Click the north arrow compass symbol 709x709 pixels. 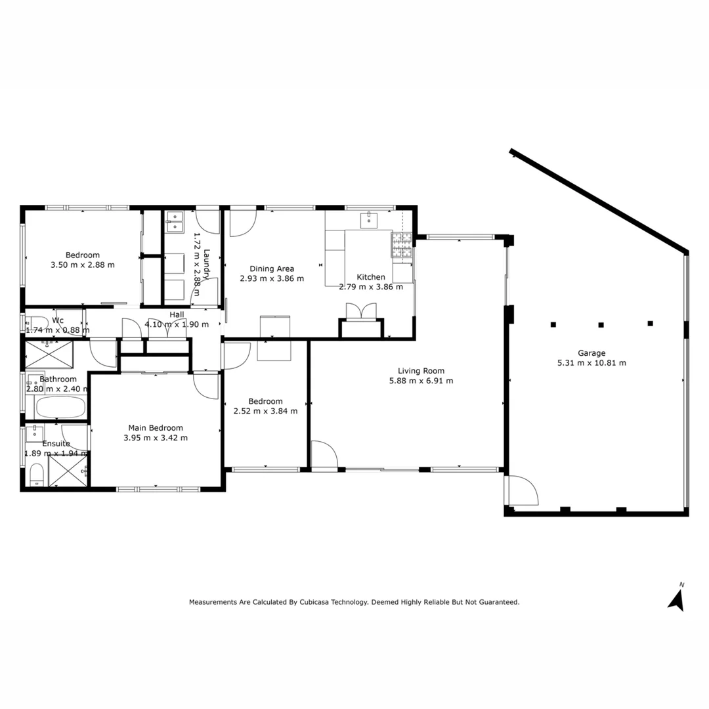[677, 598]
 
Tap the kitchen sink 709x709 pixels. [369, 219]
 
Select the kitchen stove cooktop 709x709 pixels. [401, 244]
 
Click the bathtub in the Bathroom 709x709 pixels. [60, 408]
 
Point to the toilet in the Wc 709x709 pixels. [34, 323]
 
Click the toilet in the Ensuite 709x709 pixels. [37, 474]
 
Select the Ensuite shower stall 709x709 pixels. [68, 470]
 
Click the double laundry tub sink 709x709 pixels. [175, 223]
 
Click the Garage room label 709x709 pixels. [591, 353]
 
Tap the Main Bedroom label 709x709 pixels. [156, 428]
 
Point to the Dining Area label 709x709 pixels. [271, 268]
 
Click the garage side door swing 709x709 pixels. [523, 490]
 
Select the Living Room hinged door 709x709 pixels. [324, 454]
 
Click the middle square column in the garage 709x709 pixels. [601, 324]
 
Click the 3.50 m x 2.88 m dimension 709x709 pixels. [82, 265]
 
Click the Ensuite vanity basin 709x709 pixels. [34, 433]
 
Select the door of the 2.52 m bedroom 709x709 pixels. [236, 356]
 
